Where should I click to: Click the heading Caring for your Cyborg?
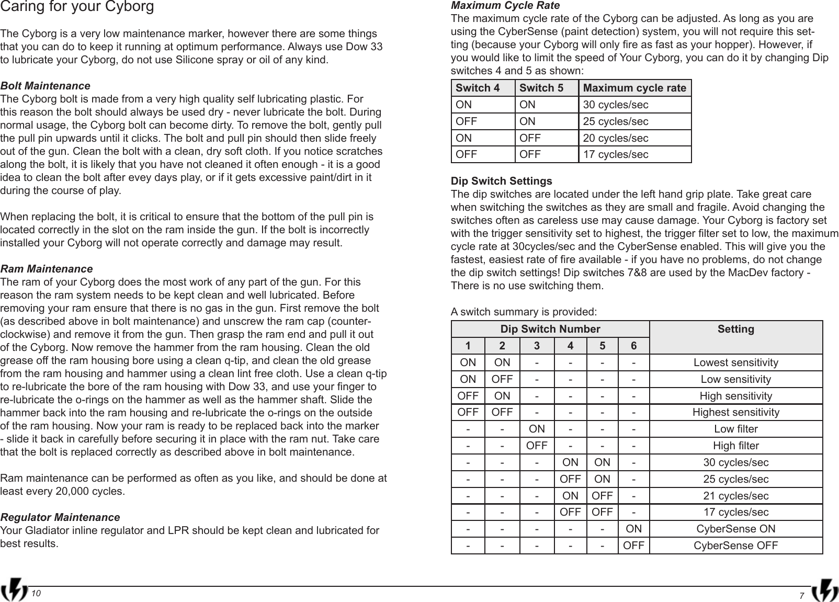coord(77,7)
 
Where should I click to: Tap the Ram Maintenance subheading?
coord(47,269)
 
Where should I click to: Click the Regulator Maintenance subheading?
coord(60,518)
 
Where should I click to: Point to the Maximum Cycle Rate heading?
coord(505,6)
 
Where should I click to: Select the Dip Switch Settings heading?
coord(501,181)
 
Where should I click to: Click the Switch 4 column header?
coord(478,88)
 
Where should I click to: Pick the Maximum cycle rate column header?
coord(634,88)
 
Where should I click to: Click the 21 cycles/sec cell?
coord(735,496)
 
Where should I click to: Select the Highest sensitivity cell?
coord(735,413)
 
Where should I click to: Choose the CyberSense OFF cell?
coord(735,546)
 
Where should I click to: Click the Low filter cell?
coord(735,429)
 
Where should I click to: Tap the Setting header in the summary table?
coord(735,330)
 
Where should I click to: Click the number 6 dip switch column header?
coord(633,346)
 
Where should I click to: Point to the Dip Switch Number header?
coord(550,330)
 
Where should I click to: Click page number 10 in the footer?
coord(36,593)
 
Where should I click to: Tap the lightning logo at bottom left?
coord(15,591)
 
